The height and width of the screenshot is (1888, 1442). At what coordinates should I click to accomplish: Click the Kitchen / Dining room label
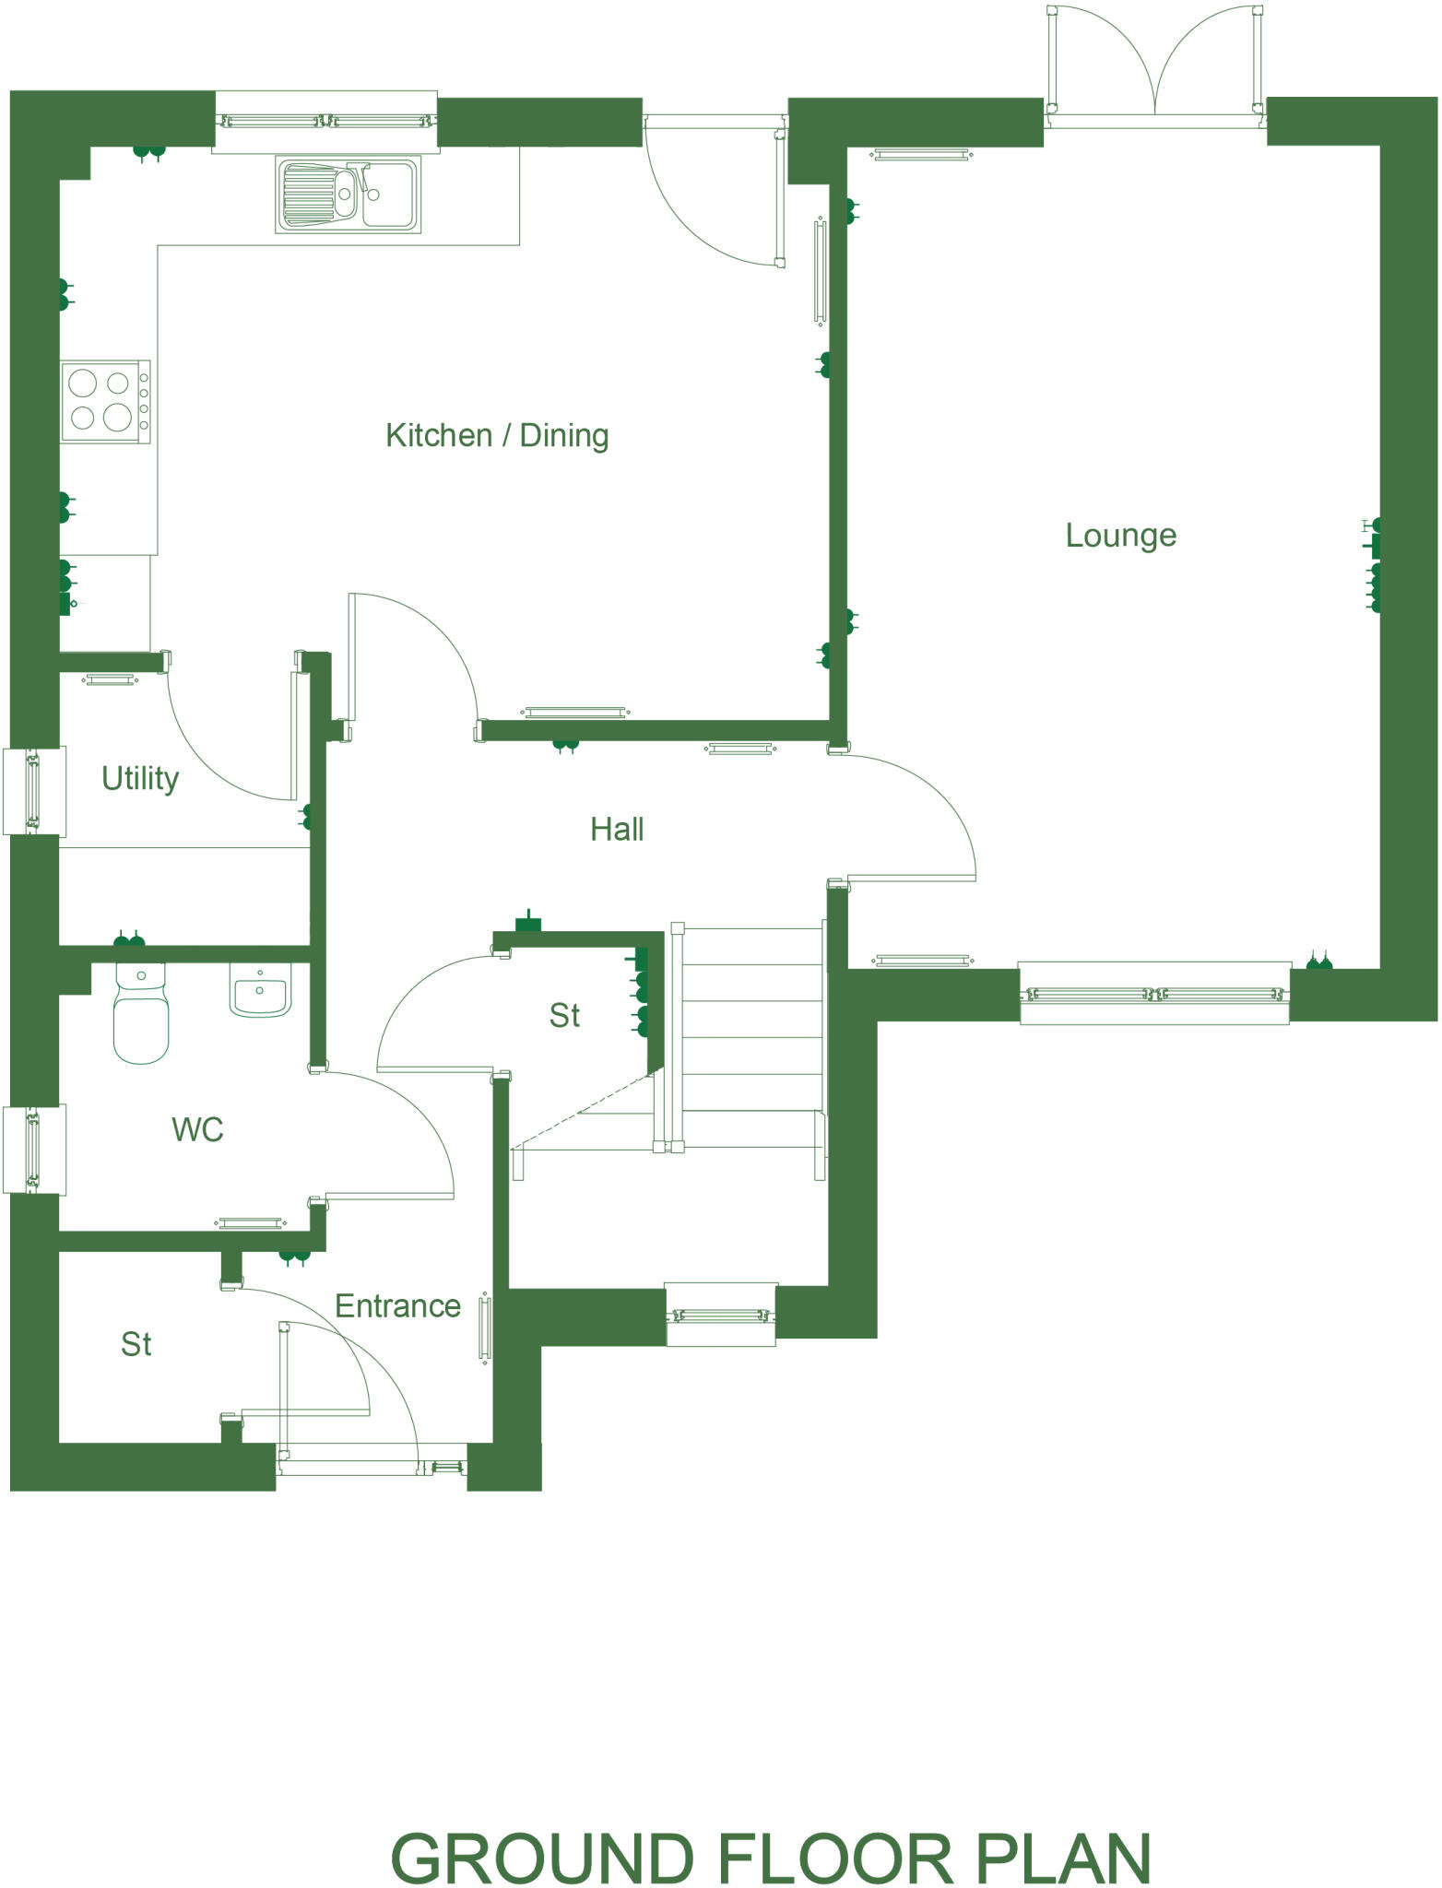point(497,435)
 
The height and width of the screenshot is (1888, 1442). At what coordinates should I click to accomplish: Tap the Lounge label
point(1120,535)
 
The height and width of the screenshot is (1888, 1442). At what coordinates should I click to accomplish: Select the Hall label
point(617,829)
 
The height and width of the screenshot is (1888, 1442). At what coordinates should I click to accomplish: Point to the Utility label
point(140,778)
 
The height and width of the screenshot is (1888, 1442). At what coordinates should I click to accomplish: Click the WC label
point(197,1129)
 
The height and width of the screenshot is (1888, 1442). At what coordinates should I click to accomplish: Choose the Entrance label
point(397,1305)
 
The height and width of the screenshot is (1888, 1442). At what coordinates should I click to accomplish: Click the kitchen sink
point(349,194)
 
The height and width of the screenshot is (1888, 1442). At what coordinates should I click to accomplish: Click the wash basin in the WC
point(260,990)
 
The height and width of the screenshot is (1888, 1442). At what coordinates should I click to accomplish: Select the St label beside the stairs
point(564,1015)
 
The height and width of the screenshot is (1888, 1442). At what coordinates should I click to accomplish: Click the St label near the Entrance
point(136,1344)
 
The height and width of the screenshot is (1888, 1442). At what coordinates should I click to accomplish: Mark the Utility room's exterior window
point(33,791)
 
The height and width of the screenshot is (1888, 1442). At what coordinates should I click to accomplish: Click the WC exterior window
point(33,1150)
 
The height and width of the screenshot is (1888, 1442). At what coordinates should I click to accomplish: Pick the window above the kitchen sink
point(325,120)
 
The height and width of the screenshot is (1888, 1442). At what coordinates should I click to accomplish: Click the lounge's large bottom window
point(1154,994)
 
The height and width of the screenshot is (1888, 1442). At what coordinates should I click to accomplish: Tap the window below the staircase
point(720,1315)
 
